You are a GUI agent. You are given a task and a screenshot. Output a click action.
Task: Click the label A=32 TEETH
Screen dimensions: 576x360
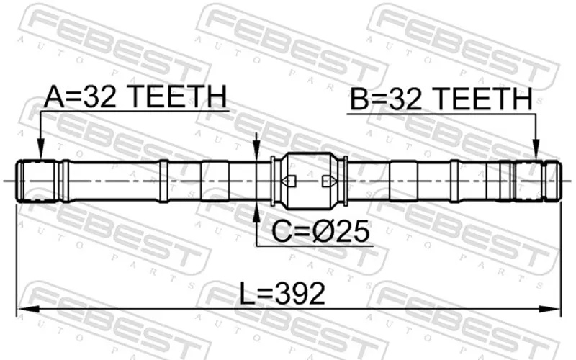click(x=135, y=96)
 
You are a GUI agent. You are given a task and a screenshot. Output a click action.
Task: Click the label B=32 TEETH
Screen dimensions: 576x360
click(x=441, y=99)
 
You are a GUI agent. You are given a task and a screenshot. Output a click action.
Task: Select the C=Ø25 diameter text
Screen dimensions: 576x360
click(x=320, y=231)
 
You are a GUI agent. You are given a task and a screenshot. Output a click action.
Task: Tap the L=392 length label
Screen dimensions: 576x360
click(x=282, y=293)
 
